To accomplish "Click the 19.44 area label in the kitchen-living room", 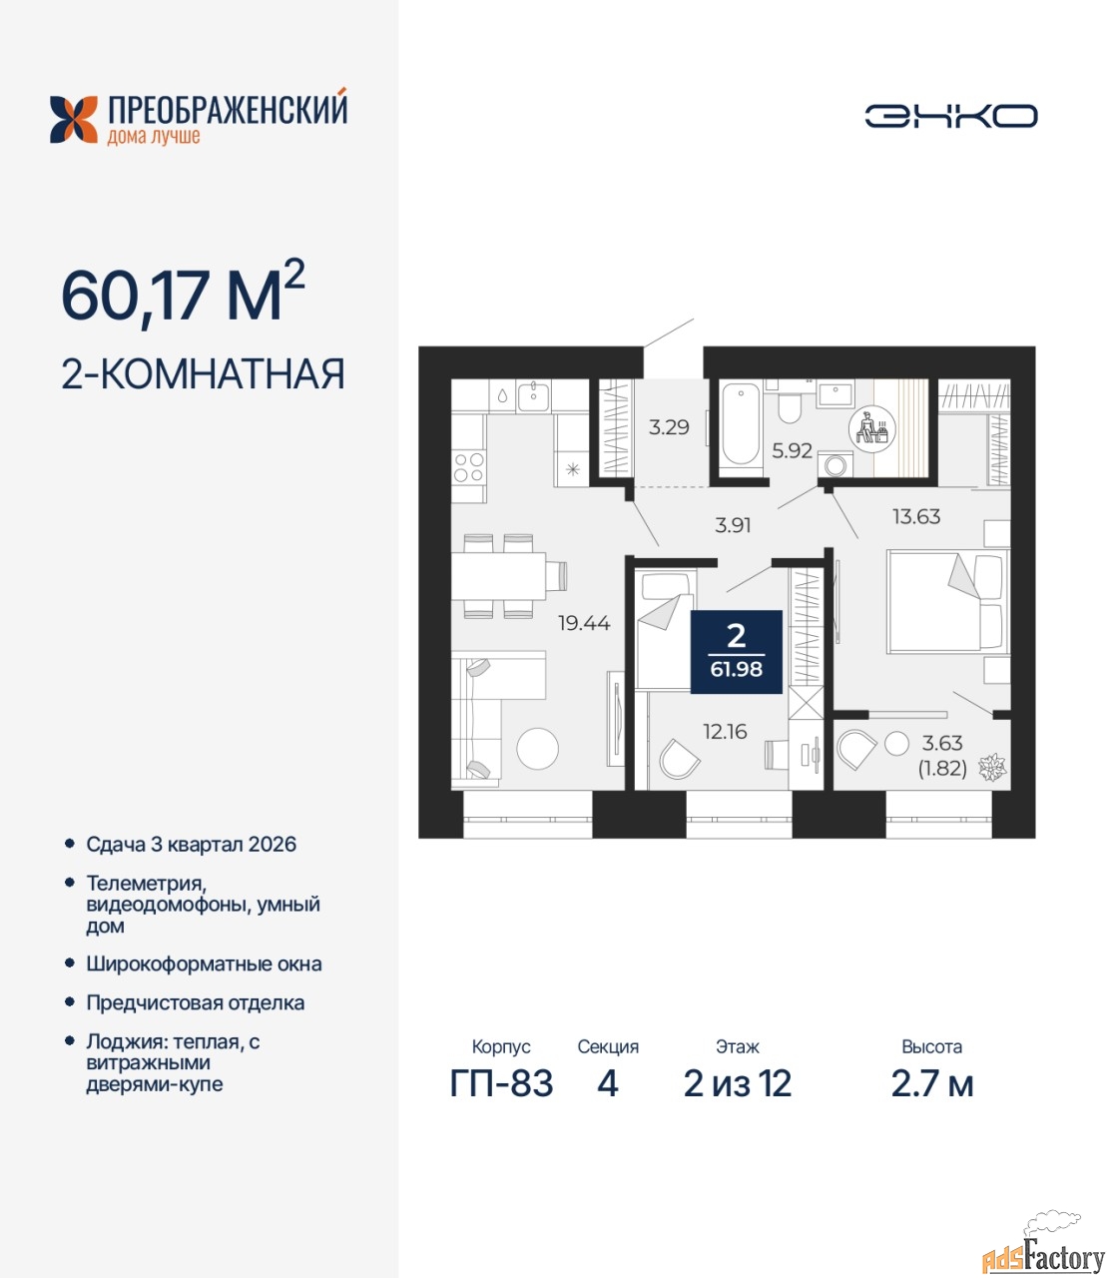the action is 584,623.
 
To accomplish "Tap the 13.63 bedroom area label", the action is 916,516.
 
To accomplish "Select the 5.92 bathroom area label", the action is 792,450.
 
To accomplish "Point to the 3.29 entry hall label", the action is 669,427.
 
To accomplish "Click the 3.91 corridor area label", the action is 733,525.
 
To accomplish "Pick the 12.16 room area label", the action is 725,732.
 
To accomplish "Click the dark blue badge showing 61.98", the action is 736,652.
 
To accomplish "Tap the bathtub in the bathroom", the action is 741,425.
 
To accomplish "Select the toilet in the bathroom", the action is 789,406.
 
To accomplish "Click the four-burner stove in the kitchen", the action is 468,467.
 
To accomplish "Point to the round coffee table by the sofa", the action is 537,749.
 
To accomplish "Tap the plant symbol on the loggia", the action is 992,767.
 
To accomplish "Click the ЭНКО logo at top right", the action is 950,116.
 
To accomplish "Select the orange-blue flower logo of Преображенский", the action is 74,120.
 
